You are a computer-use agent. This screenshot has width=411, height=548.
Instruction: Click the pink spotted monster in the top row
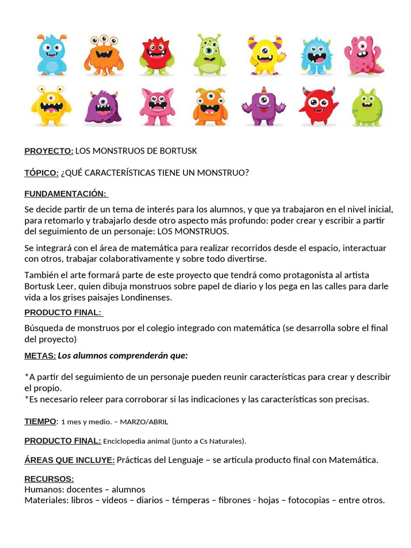(x=363, y=55)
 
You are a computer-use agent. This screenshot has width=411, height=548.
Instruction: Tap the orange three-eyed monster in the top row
(x=104, y=55)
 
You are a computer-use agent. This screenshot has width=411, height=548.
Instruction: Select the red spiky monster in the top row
(x=156, y=56)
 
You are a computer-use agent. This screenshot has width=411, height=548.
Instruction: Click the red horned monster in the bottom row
(x=318, y=105)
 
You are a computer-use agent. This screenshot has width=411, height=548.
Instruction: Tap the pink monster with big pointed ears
(x=157, y=106)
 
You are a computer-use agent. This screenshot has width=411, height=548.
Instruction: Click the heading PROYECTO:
(x=49, y=151)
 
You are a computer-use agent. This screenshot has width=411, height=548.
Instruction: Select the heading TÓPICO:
(x=41, y=173)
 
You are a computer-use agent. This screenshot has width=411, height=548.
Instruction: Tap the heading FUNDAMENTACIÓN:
(x=65, y=194)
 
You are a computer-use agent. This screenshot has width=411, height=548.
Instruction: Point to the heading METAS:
(x=40, y=356)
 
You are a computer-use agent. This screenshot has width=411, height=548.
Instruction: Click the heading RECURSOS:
(x=49, y=479)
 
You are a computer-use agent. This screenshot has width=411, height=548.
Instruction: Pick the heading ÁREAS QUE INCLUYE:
(x=70, y=460)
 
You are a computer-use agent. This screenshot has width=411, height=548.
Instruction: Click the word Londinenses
(x=146, y=298)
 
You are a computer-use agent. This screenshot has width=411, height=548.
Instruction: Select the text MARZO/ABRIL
(x=144, y=422)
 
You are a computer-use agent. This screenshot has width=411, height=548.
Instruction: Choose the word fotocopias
(x=308, y=500)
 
